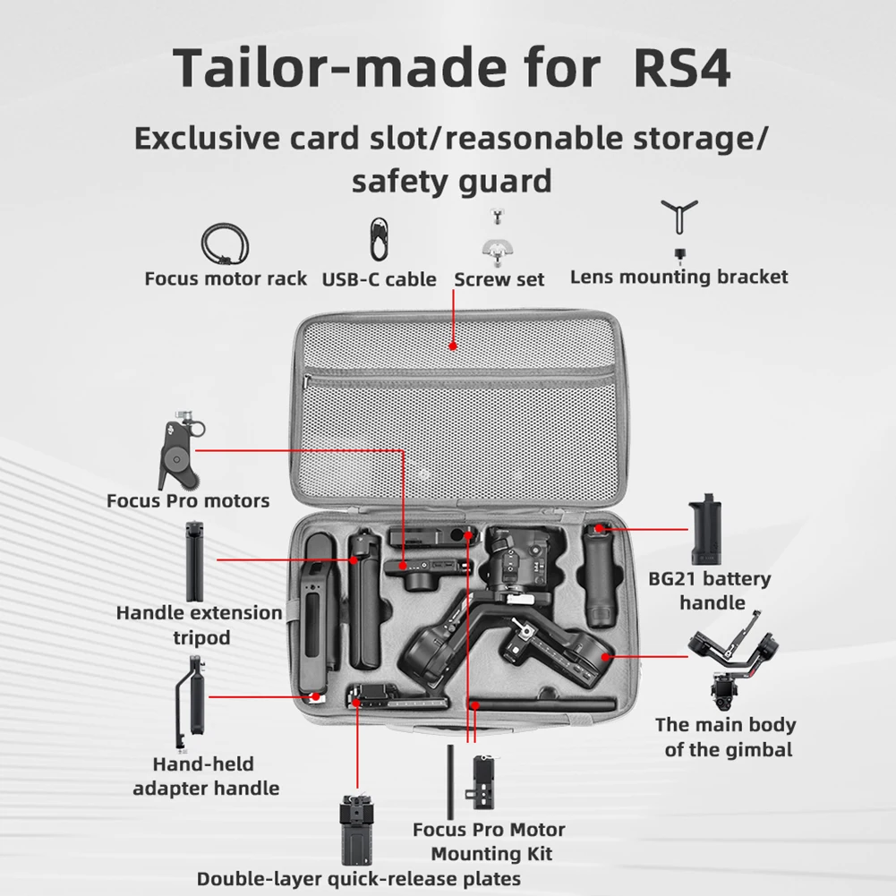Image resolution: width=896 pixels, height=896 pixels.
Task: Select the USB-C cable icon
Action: (379, 239)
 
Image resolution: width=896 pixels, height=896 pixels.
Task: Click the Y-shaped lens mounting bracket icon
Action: (679, 218)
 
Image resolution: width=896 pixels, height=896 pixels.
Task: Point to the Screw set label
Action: (499, 279)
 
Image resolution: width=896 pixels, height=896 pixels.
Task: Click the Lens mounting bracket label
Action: (678, 276)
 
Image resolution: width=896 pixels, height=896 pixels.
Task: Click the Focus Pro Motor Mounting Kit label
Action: (489, 841)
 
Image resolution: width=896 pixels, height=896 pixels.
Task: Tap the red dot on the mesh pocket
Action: (453, 345)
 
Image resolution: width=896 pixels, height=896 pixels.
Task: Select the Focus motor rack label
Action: (226, 278)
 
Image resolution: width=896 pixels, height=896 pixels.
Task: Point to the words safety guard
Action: (451, 182)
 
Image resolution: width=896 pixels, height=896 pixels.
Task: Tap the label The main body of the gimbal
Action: (726, 737)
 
